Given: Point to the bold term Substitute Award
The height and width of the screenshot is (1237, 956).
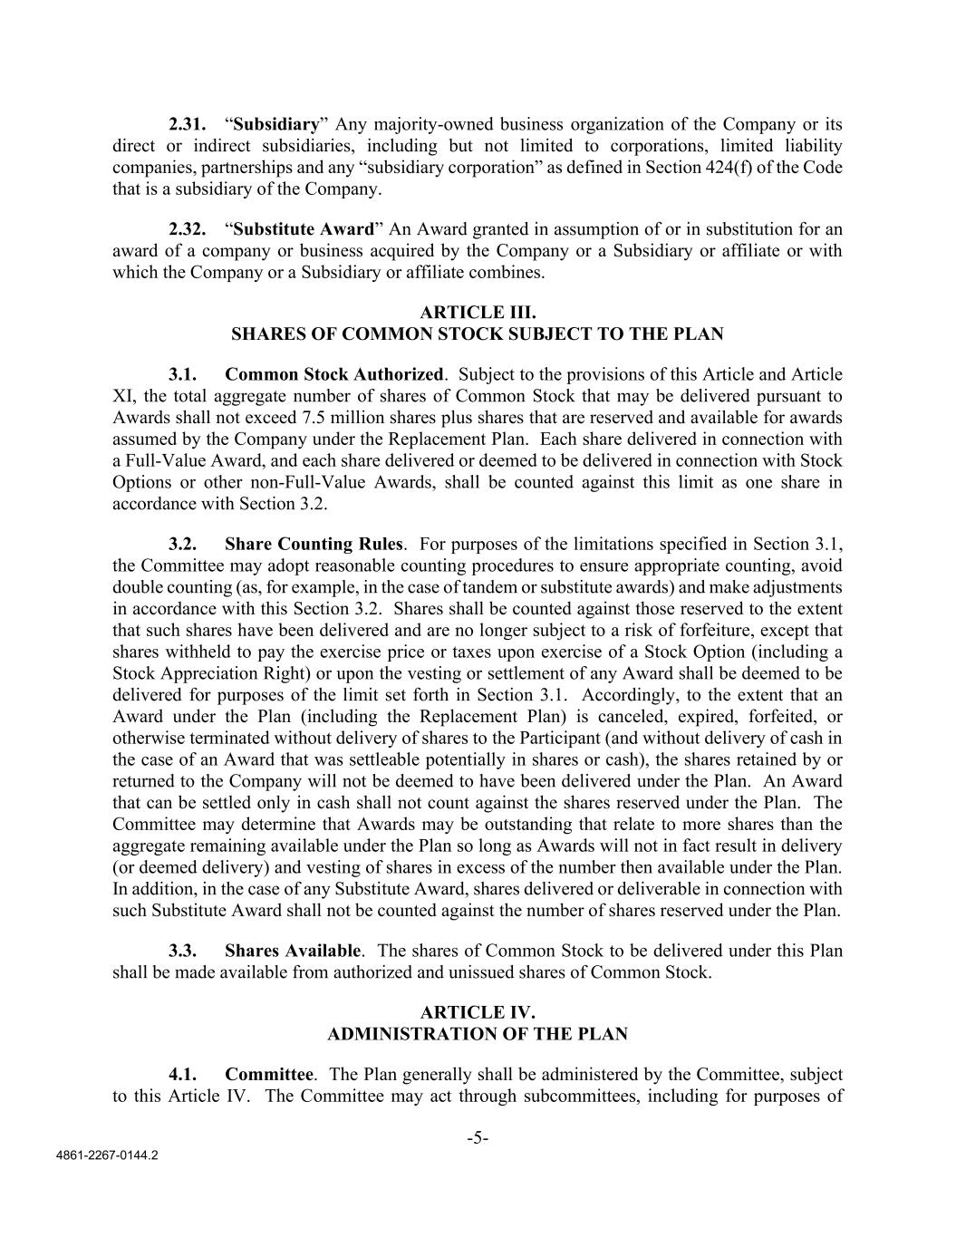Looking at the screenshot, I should [304, 229].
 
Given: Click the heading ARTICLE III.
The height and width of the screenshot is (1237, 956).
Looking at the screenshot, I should [477, 313].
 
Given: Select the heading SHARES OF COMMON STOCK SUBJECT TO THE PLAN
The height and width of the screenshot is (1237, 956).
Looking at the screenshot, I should [477, 334].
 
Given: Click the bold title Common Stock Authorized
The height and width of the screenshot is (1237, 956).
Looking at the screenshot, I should [334, 374].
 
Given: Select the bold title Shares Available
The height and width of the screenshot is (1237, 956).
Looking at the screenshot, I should [293, 951].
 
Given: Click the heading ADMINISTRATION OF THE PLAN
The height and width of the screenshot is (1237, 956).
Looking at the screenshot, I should [477, 1034].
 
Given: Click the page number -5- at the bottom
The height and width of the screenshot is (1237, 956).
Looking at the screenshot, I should [478, 1138].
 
